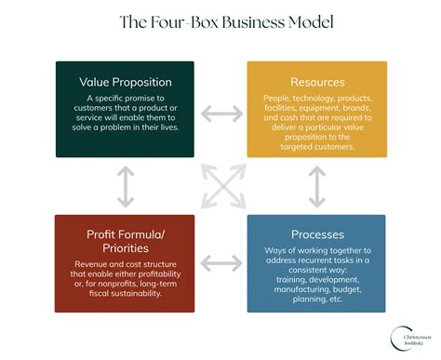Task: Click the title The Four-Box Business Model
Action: pos(220,21)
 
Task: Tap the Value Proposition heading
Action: pos(125,82)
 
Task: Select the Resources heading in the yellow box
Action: pos(318,82)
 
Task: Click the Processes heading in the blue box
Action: pos(318,233)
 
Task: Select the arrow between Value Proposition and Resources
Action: pos(220,113)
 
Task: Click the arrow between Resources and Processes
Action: pos(318,186)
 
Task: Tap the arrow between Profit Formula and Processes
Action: pos(220,263)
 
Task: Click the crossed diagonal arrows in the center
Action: pos(220,186)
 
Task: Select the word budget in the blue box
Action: pos(355,287)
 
